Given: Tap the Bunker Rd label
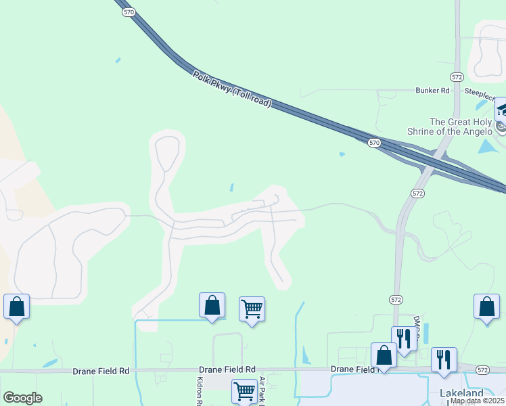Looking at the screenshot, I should coord(432,90).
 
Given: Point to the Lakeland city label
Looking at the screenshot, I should coord(462,393).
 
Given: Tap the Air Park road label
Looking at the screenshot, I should coord(261,391).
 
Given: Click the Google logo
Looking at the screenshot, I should coord(22,397).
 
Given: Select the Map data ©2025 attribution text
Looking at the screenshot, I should coord(477,401).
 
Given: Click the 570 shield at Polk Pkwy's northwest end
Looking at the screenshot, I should coord(129,12).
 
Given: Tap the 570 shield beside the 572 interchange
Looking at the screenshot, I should coord(375,143).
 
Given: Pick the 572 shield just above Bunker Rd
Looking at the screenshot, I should coord(457,76).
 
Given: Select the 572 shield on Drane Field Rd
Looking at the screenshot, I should coord(482,370).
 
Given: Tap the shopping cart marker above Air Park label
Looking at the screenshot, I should coord(252,309).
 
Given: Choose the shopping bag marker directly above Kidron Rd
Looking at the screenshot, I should coord(212,305).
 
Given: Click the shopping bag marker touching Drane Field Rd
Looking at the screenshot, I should coord(384,355).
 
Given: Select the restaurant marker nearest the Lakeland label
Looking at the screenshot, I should coord(444,359).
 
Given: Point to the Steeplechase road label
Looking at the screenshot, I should coord(484,91).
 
